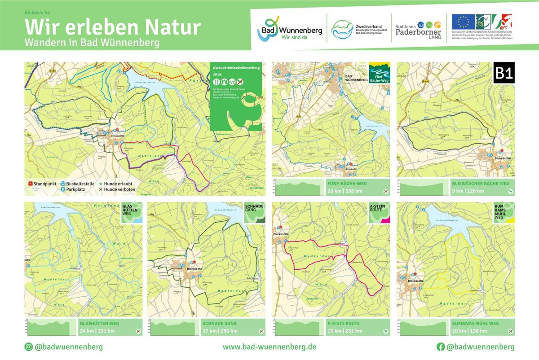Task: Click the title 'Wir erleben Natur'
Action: point(112,27)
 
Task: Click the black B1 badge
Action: point(504,73)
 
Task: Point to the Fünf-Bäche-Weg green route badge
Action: point(379,73)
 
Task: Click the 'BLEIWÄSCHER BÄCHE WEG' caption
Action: point(481,184)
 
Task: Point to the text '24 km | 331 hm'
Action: point(97,331)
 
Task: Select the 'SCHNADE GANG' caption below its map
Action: point(220,323)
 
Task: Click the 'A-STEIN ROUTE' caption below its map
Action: point(344,323)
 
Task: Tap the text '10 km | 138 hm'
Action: point(468,331)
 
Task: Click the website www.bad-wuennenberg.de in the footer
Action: point(269,347)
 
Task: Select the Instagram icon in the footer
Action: point(28,347)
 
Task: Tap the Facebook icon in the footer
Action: point(441,347)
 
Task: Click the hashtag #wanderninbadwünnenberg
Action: point(236,67)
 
